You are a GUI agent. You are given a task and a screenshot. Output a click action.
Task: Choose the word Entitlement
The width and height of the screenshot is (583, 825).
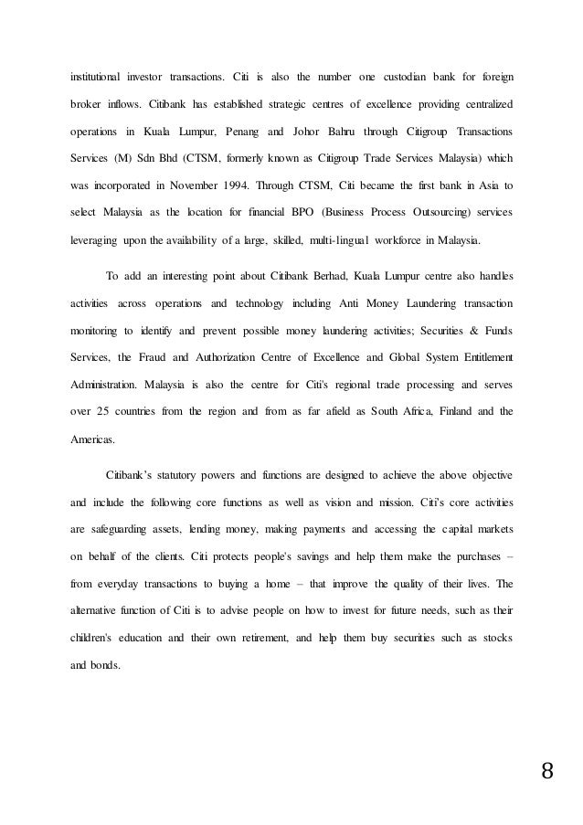(x=482, y=355)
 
